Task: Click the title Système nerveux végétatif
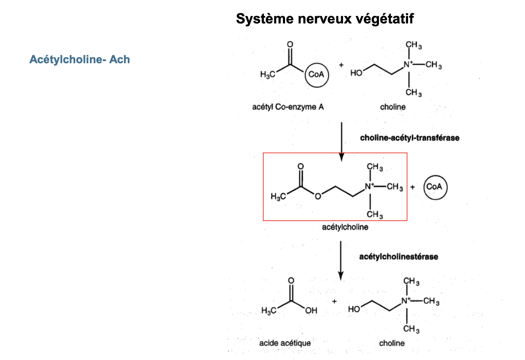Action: (x=325, y=19)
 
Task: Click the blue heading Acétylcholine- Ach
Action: (x=80, y=59)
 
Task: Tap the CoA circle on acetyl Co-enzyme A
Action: (x=316, y=75)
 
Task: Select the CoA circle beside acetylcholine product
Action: (x=435, y=187)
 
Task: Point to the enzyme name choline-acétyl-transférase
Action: (x=409, y=138)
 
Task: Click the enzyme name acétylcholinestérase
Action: (x=398, y=257)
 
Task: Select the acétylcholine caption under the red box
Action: (x=346, y=227)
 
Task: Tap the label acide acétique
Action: (x=285, y=343)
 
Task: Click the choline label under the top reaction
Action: (x=393, y=107)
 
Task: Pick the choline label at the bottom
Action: (x=391, y=343)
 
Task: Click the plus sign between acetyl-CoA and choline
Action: (x=341, y=65)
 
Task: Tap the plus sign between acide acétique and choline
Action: (x=334, y=302)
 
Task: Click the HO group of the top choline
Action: (x=356, y=74)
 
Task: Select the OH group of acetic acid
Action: (x=311, y=311)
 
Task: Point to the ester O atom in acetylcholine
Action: (x=317, y=196)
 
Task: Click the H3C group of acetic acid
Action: (x=268, y=311)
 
